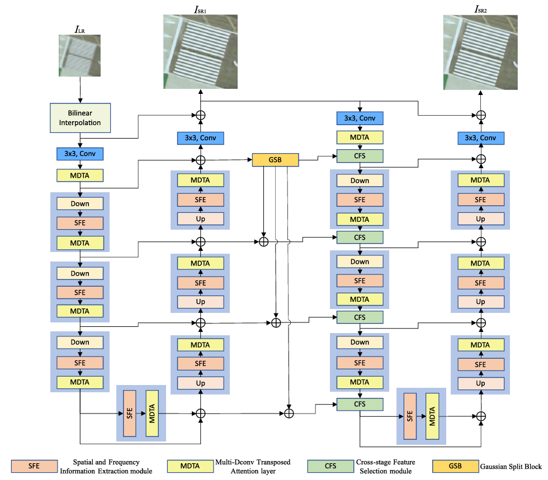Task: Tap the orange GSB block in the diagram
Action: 275,159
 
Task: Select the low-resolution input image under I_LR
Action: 80,55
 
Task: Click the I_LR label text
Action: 80,28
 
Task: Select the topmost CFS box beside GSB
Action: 360,156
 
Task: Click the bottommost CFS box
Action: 360,404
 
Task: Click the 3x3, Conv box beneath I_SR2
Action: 480,137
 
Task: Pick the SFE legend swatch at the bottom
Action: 35,465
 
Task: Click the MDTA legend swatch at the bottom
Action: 190,465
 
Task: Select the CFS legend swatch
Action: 331,465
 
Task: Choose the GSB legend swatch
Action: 455,465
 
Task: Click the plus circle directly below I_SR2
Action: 480,115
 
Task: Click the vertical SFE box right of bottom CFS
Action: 410,416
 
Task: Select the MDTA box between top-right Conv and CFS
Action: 360,137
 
